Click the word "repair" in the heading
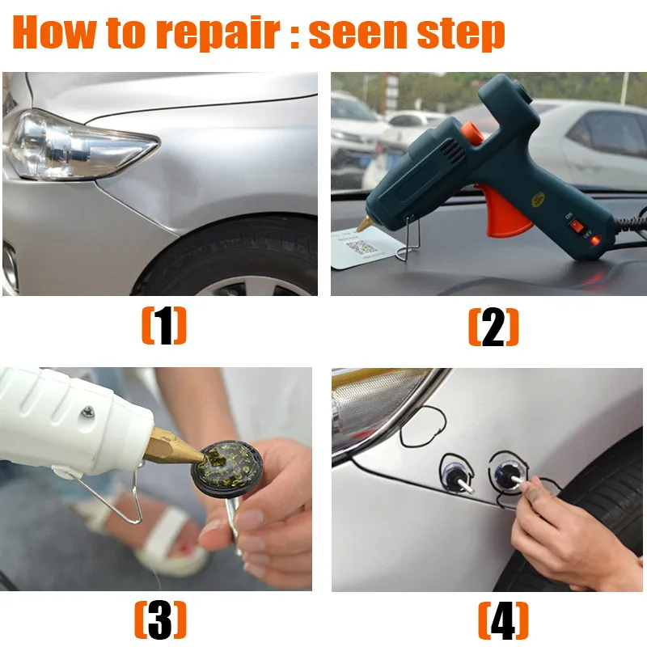218,34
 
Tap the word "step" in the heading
461,34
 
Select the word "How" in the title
53,32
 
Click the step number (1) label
164,326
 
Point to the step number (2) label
493,327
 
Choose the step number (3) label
160,620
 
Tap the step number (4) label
503,620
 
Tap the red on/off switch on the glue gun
576,226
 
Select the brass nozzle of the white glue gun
173,446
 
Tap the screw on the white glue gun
87,412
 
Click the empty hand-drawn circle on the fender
423,427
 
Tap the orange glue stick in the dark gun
472,133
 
